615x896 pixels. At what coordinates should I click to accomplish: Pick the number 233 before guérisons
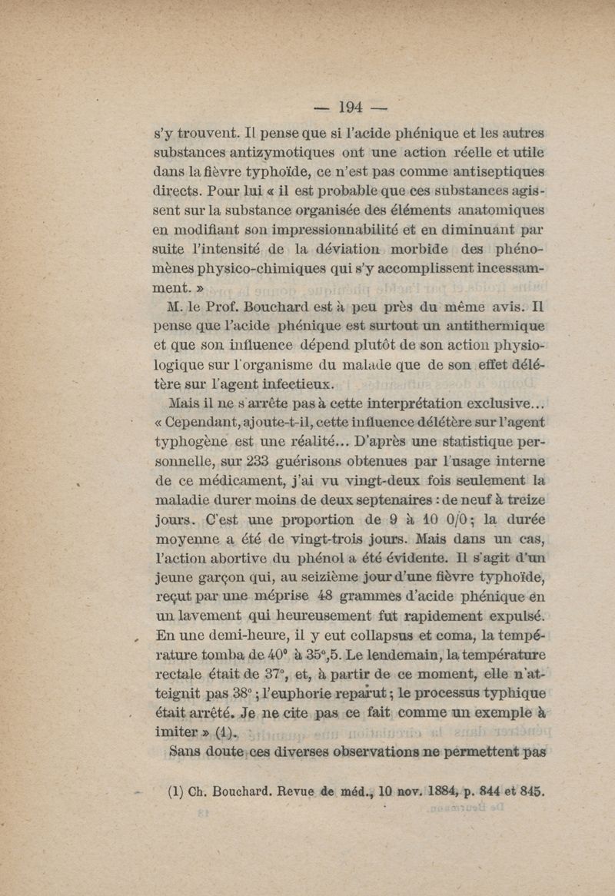[x=259, y=462]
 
